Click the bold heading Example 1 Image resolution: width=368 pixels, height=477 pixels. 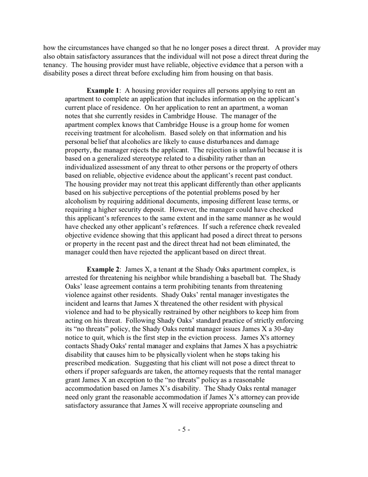coord(103,91)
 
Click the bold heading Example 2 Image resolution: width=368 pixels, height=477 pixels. coord(103,269)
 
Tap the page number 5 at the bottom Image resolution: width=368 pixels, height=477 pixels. coord(184,429)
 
